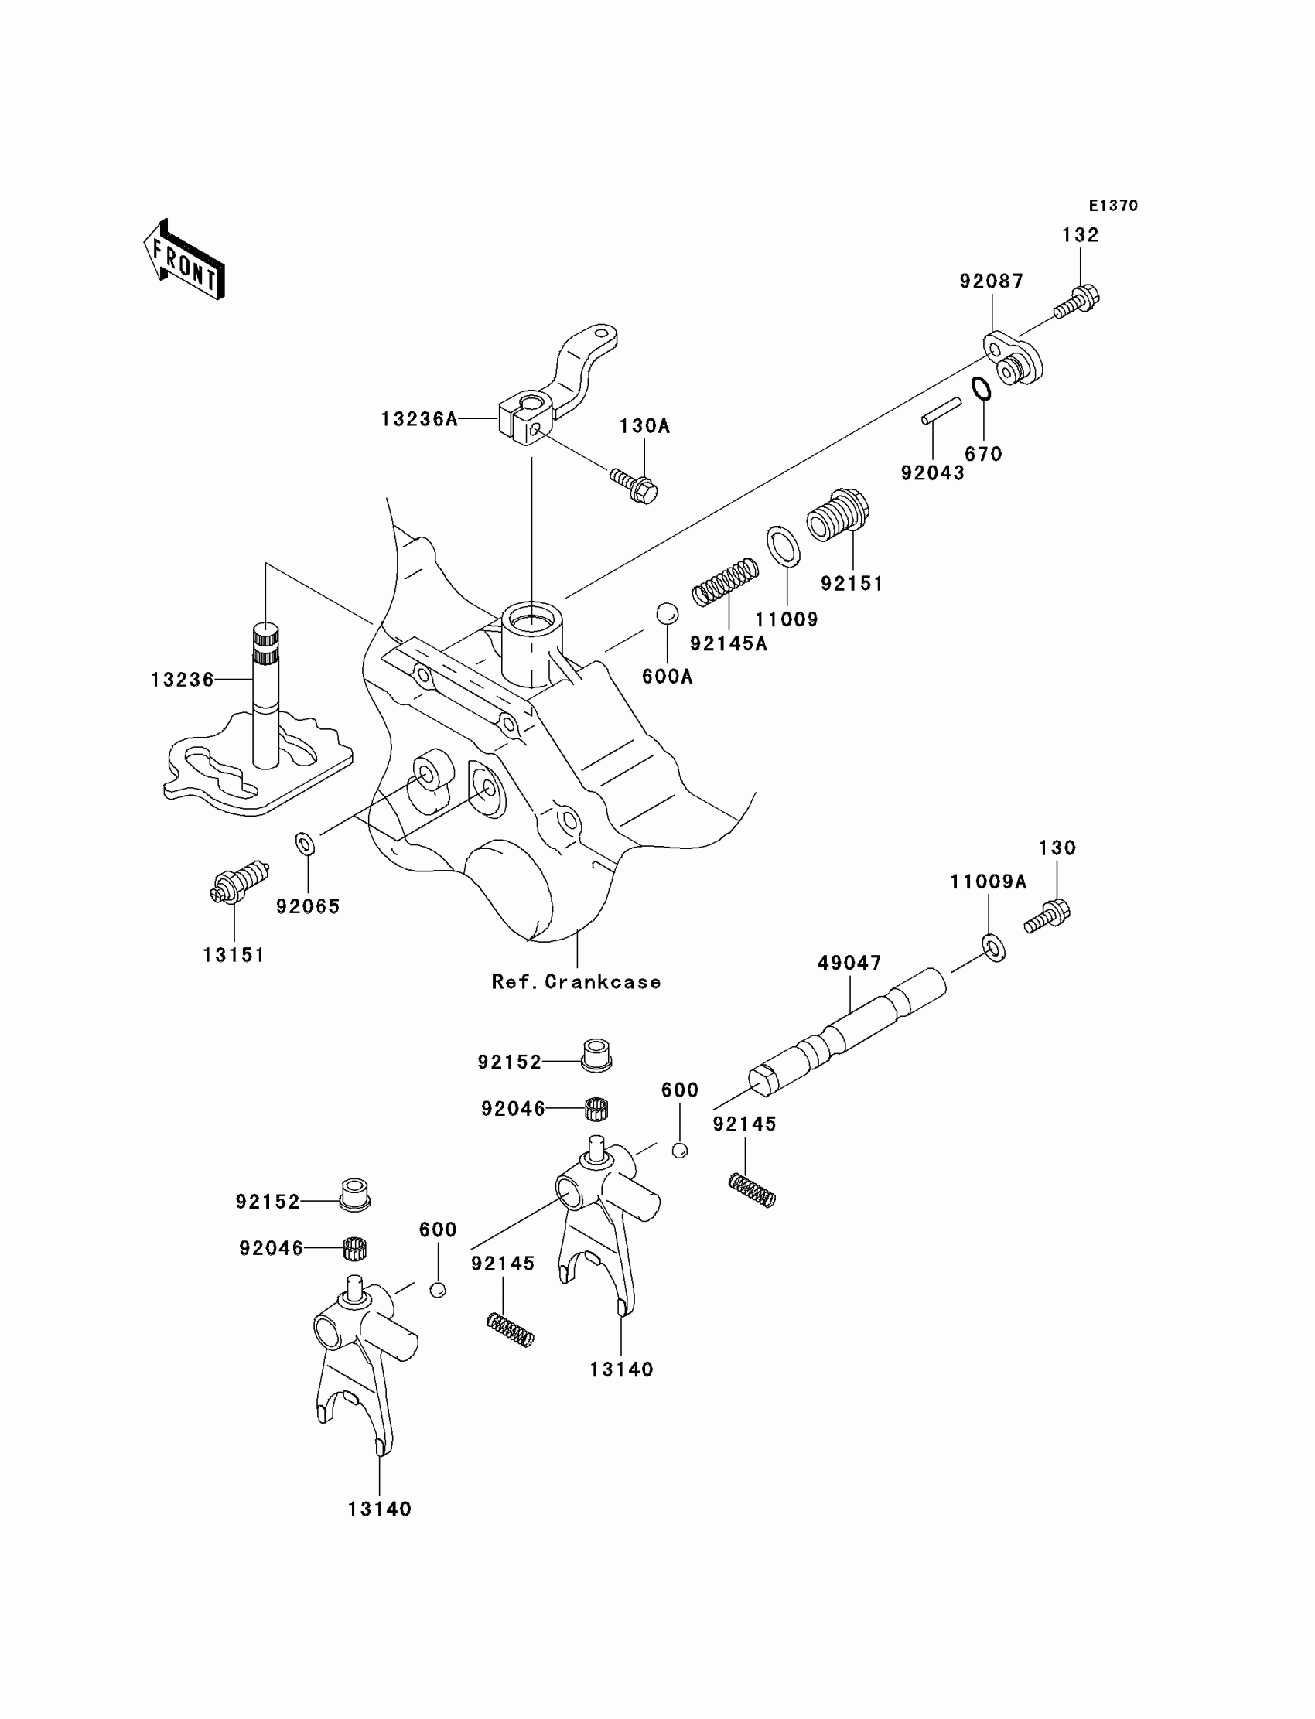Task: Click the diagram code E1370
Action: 1113,206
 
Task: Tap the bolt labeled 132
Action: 1077,302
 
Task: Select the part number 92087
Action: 992,281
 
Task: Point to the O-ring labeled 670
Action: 982,389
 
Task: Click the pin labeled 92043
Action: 941,411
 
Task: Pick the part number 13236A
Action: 418,419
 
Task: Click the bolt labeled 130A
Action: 634,486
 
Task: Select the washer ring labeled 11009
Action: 783,546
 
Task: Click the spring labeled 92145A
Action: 725,582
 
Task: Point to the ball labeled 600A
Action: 667,614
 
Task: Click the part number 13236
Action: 182,680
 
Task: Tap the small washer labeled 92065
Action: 306,844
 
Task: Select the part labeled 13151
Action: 240,882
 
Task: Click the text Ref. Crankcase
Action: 576,982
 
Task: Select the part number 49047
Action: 849,964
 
